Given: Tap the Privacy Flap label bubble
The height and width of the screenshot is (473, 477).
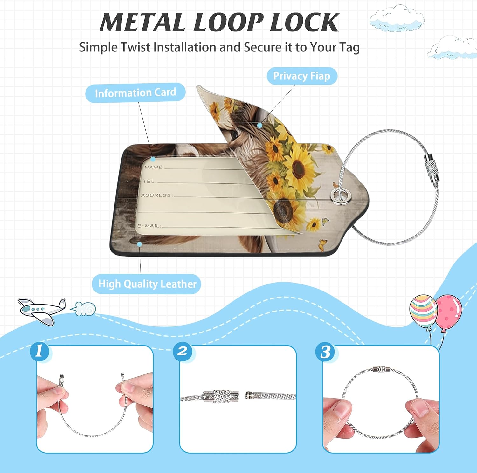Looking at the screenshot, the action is (x=302, y=76).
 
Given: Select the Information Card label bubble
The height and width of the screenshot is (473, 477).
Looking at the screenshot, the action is (x=135, y=93).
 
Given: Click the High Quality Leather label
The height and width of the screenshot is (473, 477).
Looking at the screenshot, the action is (x=147, y=284).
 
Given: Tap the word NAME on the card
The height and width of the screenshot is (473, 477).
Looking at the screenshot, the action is (x=154, y=167).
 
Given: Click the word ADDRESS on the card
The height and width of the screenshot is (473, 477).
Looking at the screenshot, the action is (x=156, y=195).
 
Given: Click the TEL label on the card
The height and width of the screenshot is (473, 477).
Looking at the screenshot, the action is (x=149, y=181).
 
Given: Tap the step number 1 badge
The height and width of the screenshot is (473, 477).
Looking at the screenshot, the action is (x=40, y=352).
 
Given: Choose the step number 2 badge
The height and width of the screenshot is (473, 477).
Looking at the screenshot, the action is (x=183, y=352).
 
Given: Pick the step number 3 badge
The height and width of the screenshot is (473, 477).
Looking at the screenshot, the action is (x=325, y=352).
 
